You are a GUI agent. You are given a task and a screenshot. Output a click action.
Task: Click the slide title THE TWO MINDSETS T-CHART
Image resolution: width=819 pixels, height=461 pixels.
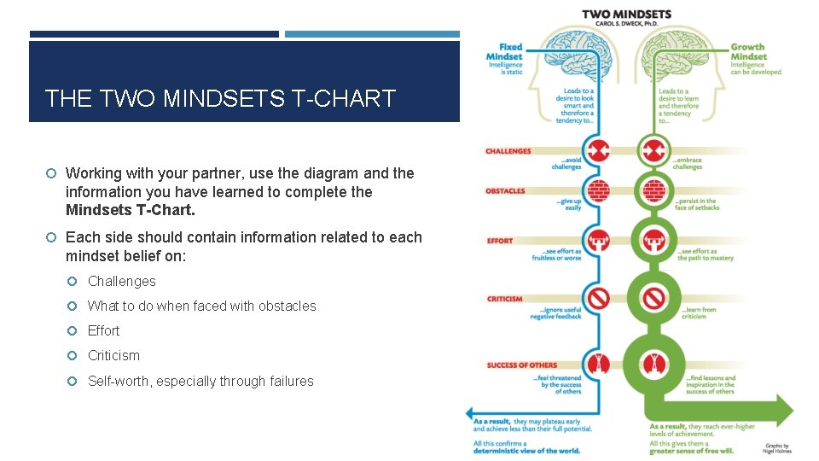click(x=220, y=99)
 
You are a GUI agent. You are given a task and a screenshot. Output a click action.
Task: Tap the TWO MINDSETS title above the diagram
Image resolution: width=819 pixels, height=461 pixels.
click(x=626, y=15)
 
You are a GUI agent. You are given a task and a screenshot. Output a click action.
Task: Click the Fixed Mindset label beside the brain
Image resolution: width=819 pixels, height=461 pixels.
click(x=510, y=52)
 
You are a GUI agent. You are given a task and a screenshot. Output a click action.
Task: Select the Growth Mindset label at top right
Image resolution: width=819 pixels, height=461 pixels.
click(x=748, y=52)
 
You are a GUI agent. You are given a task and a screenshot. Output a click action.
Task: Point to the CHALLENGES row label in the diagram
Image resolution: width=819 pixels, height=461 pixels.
click(x=508, y=151)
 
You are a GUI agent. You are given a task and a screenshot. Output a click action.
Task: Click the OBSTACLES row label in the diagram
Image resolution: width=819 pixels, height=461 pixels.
click(x=506, y=190)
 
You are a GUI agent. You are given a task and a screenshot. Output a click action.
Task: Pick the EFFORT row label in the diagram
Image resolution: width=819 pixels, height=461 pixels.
click(x=500, y=241)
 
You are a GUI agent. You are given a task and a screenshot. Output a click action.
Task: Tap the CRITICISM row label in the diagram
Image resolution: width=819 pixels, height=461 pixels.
click(x=504, y=299)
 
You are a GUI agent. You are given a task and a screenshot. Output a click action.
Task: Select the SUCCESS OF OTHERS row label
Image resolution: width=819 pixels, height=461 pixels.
click(x=521, y=365)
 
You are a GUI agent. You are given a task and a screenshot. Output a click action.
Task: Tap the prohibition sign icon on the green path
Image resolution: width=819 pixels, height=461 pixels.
click(x=654, y=298)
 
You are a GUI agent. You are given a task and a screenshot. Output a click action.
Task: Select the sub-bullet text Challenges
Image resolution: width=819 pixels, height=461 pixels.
click(x=122, y=281)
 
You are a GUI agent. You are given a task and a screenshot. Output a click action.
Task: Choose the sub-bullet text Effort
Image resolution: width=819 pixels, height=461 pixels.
click(x=104, y=330)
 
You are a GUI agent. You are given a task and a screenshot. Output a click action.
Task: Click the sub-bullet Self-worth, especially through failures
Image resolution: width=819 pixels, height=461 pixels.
click(x=200, y=381)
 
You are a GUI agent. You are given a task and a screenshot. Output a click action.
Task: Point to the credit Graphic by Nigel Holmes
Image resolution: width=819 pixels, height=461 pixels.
click(x=778, y=448)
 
